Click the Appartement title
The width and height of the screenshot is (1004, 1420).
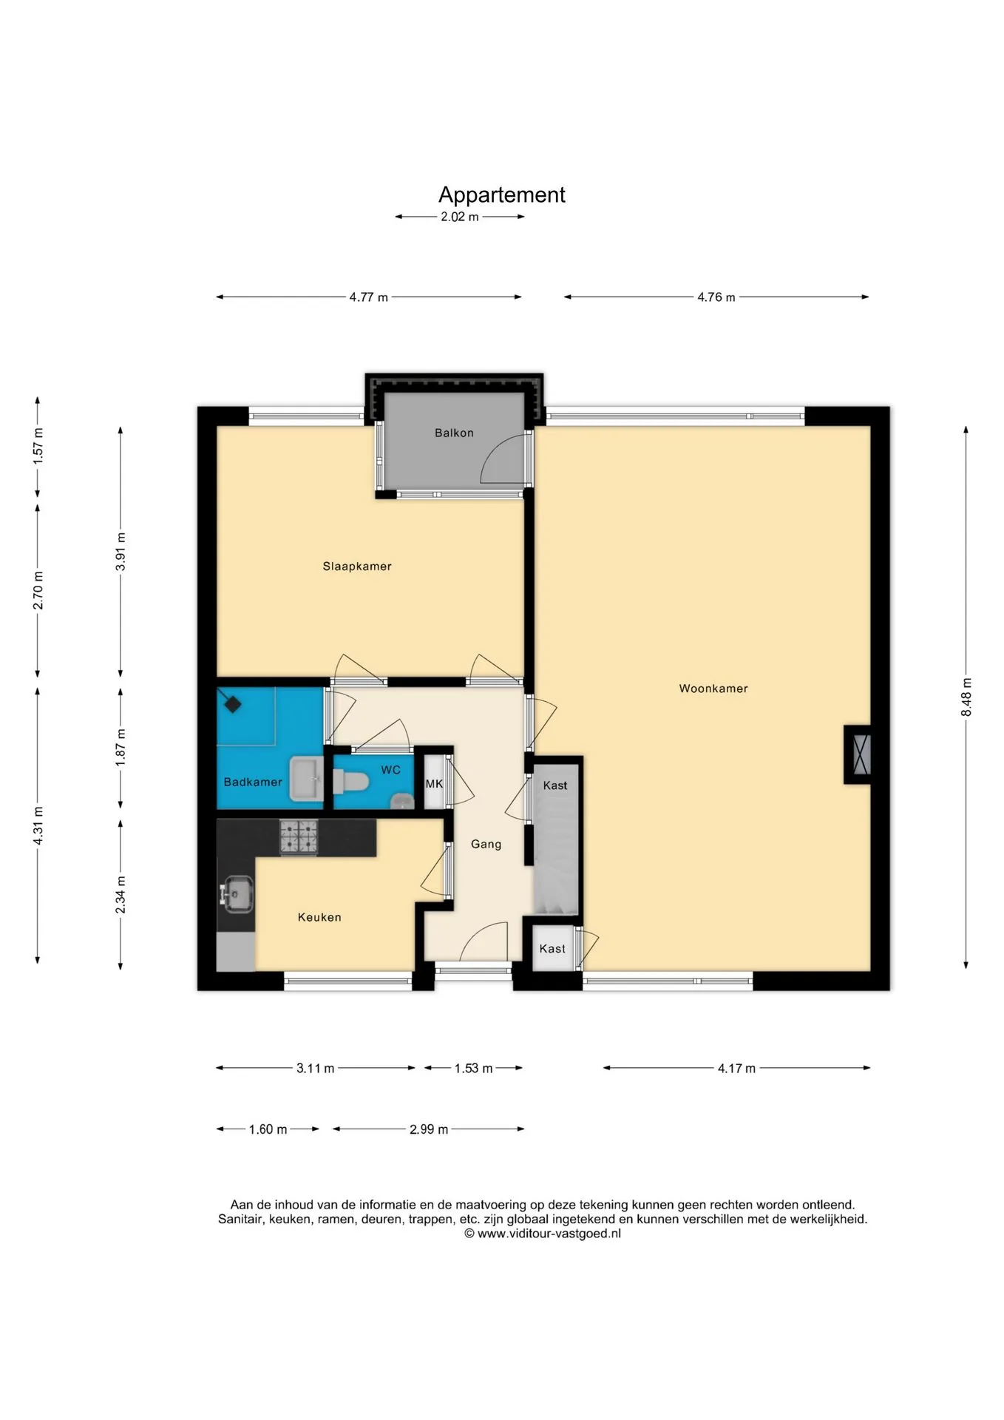point(501,195)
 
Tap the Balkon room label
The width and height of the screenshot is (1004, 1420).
point(454,433)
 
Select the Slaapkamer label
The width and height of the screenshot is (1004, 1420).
point(357,567)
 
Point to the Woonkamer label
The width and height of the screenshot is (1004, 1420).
point(713,689)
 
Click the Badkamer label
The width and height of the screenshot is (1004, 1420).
point(253,782)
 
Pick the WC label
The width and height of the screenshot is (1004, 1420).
point(391,771)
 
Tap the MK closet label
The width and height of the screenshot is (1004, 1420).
point(434,784)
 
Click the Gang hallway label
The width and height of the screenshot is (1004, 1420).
point(486,845)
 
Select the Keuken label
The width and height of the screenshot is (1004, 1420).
point(319,918)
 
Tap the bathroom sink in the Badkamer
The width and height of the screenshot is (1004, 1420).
point(307,778)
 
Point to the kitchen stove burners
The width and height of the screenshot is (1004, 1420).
point(299,837)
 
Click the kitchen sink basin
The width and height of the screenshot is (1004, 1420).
point(237,893)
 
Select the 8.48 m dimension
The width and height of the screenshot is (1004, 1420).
point(966,697)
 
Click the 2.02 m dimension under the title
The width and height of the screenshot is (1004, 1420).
point(460,217)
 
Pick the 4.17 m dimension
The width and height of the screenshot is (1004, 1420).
point(736,1068)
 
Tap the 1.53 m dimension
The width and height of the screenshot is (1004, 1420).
point(473,1068)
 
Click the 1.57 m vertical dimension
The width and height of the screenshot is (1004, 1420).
point(38,447)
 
